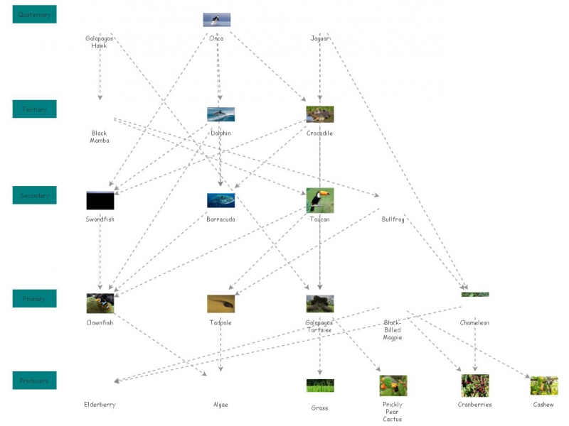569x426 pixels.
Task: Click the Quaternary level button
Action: [34, 14]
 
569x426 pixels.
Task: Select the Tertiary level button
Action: [34, 109]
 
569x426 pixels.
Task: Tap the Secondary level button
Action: [34, 195]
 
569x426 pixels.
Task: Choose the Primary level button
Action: [34, 299]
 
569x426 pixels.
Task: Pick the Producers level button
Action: [34, 381]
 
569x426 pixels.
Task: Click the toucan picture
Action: [319, 200]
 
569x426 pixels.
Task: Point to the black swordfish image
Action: [100, 200]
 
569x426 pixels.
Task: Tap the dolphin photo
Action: [220, 114]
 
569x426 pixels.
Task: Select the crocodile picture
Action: [319, 114]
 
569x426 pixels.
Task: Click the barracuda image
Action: [220, 200]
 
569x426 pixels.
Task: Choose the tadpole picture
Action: [220, 304]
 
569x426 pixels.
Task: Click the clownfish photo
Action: [100, 304]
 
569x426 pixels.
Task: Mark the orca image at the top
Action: [217, 20]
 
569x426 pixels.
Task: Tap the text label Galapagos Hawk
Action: [100, 42]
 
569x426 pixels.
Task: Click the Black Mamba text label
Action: [100, 136]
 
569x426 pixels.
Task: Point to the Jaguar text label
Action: [319, 38]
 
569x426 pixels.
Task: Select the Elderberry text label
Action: [100, 405]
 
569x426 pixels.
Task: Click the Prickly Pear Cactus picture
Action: [393, 386]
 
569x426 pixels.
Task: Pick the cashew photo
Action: [543, 386]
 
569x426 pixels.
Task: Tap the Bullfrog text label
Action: [393, 219]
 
